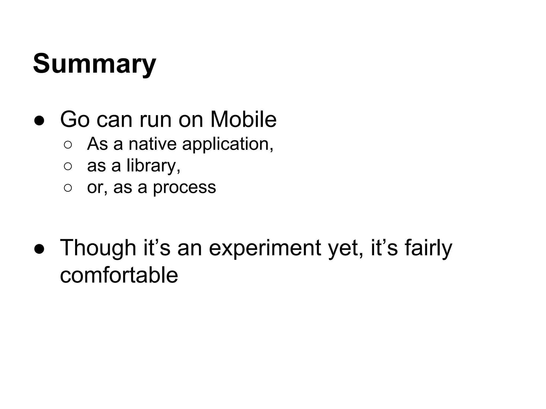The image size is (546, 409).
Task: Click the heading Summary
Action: (x=94, y=64)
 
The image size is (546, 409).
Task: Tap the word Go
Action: (x=75, y=120)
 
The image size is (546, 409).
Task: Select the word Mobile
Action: (x=243, y=120)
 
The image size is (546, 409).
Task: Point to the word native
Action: (x=152, y=144)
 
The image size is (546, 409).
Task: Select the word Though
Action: (x=98, y=248)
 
